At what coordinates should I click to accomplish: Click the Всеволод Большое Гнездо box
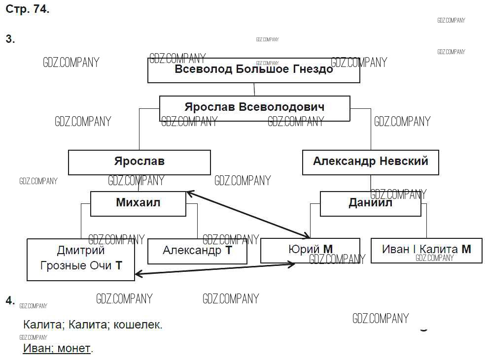pos(254,70)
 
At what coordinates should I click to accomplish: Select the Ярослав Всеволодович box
pos(254,108)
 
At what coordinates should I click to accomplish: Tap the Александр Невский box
pos(370,162)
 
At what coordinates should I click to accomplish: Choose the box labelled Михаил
pos(138,203)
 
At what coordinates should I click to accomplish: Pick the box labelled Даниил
pos(370,203)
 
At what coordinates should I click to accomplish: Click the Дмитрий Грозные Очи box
pos(81,260)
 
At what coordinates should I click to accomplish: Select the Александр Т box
pos(197,251)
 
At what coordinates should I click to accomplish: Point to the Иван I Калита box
pos(426,250)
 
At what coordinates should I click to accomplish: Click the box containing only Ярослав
pos(139,162)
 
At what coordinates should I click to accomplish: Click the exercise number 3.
pos(10,39)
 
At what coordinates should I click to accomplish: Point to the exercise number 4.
pos(10,301)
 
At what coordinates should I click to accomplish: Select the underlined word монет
pos(74,349)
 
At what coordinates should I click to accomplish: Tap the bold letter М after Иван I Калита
pos(466,249)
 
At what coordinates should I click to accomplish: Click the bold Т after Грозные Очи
pos(118,266)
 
